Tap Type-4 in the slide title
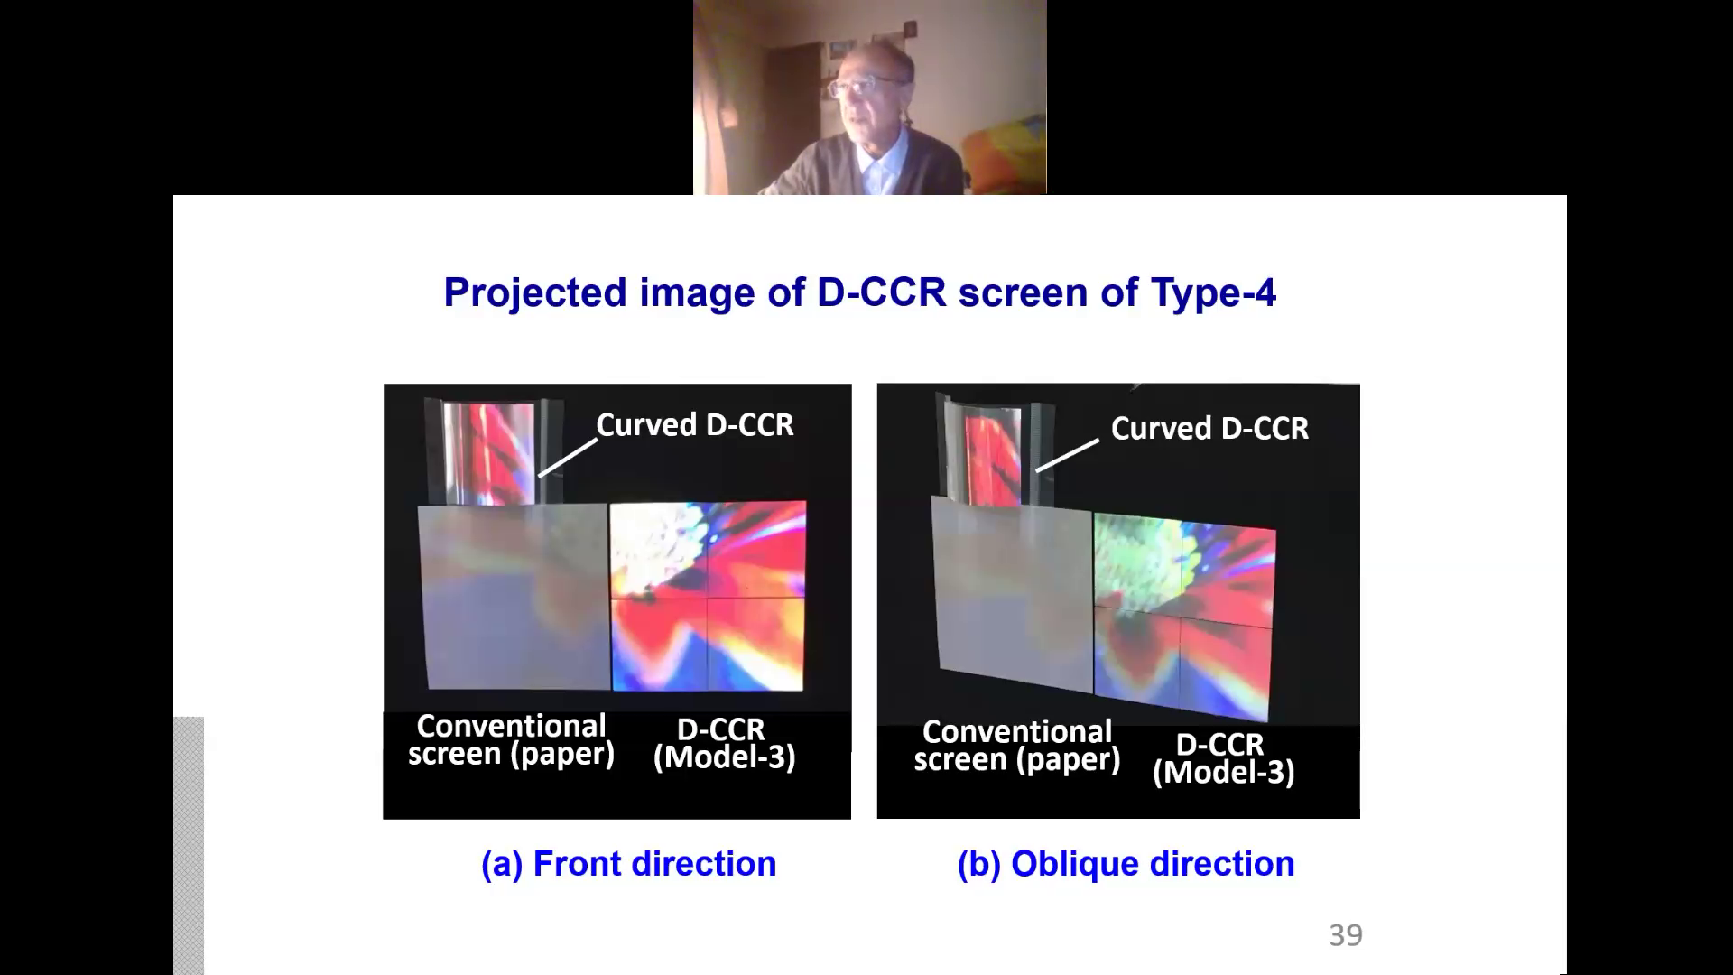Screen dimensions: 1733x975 coord(1213,292)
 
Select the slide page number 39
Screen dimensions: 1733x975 coord(1346,935)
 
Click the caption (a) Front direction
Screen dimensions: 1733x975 coord(628,864)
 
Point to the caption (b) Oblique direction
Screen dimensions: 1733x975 coord(1126,864)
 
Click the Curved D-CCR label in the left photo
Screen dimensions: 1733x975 coord(695,425)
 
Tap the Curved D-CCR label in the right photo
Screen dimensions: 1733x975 coord(1209,429)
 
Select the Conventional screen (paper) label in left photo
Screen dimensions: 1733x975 coord(512,740)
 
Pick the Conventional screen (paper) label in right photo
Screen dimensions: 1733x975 coord(1017,746)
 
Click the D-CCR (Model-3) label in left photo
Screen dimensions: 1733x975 coord(724,743)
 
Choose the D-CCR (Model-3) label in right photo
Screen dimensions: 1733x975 coord(1224,758)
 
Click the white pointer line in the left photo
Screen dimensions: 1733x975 coord(568,458)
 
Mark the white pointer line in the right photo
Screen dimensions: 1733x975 coord(1067,455)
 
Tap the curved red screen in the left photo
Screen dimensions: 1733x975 coord(488,453)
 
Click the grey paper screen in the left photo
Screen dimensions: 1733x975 coord(514,597)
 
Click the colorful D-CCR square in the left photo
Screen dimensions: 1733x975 coord(709,597)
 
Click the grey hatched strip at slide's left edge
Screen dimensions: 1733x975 coord(189,846)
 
